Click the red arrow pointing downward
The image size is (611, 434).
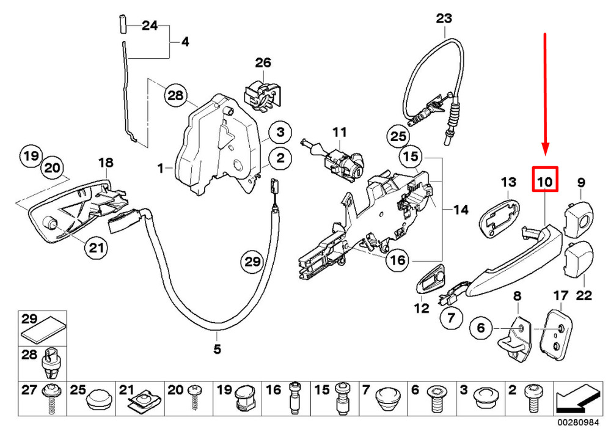(545, 98)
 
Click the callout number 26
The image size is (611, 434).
(263, 62)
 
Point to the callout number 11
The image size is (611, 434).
(339, 132)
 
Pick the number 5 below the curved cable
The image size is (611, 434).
(218, 350)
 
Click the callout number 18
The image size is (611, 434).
(106, 163)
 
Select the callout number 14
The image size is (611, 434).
(461, 210)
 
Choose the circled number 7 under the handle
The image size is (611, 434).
(452, 317)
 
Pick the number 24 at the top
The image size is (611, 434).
(150, 26)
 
